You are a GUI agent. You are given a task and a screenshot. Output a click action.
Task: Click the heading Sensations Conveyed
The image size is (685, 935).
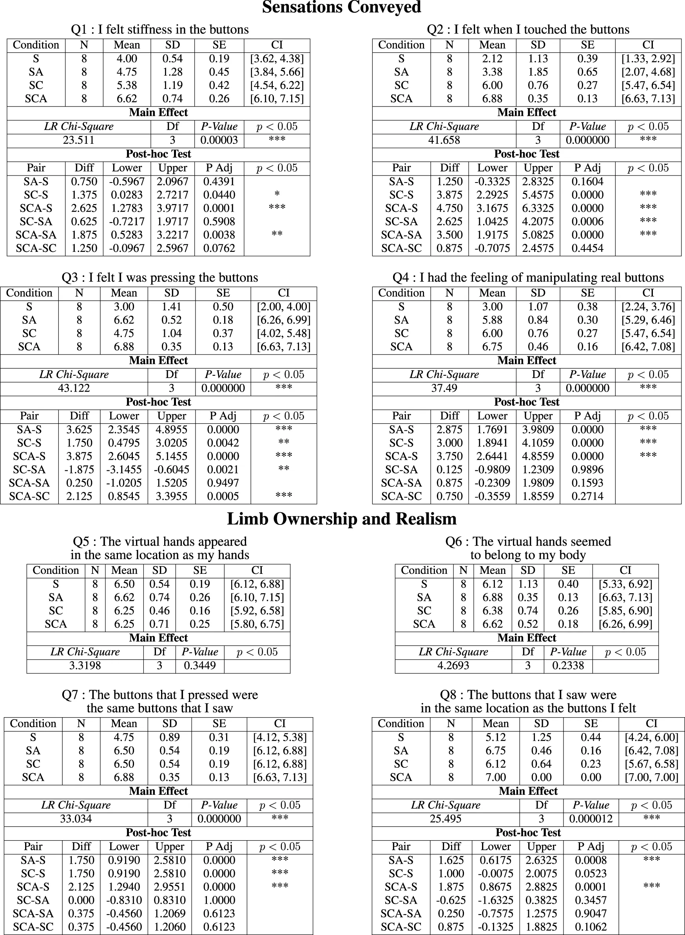click(341, 8)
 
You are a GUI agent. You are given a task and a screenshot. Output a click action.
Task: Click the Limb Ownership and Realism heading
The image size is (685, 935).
click(342, 519)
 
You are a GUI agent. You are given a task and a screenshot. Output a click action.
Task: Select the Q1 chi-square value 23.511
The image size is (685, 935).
click(79, 140)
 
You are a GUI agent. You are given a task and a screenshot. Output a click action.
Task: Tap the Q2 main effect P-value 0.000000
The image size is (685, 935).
click(587, 140)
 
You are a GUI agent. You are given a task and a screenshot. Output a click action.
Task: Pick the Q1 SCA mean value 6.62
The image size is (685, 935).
click(127, 99)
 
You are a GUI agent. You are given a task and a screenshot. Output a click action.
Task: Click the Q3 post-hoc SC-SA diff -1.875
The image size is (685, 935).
click(79, 470)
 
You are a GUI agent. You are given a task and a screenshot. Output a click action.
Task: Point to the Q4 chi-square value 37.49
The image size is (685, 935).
click(444, 388)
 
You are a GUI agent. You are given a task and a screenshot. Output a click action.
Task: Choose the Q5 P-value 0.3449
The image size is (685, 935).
click(199, 666)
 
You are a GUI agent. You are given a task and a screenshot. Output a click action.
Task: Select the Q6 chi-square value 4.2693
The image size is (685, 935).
click(453, 666)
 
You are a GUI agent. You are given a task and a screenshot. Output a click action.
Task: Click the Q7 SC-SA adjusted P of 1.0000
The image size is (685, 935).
click(219, 900)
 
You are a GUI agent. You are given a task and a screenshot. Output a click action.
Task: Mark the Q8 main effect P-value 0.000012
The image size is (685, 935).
click(591, 819)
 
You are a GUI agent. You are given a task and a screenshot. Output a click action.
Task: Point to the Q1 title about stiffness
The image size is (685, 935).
click(159, 29)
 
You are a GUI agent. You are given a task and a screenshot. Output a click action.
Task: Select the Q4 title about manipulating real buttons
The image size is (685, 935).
click(528, 278)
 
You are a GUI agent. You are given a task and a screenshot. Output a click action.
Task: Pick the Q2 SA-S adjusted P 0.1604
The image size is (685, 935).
click(587, 181)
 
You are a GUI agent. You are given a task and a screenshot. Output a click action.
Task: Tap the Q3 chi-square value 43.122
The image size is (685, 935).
click(74, 388)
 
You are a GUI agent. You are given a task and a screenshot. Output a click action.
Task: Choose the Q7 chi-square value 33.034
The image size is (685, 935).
click(76, 819)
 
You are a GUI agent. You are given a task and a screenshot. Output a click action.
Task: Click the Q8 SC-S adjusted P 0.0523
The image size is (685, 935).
click(591, 874)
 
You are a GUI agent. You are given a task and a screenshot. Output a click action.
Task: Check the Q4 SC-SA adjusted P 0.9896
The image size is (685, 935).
click(587, 470)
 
